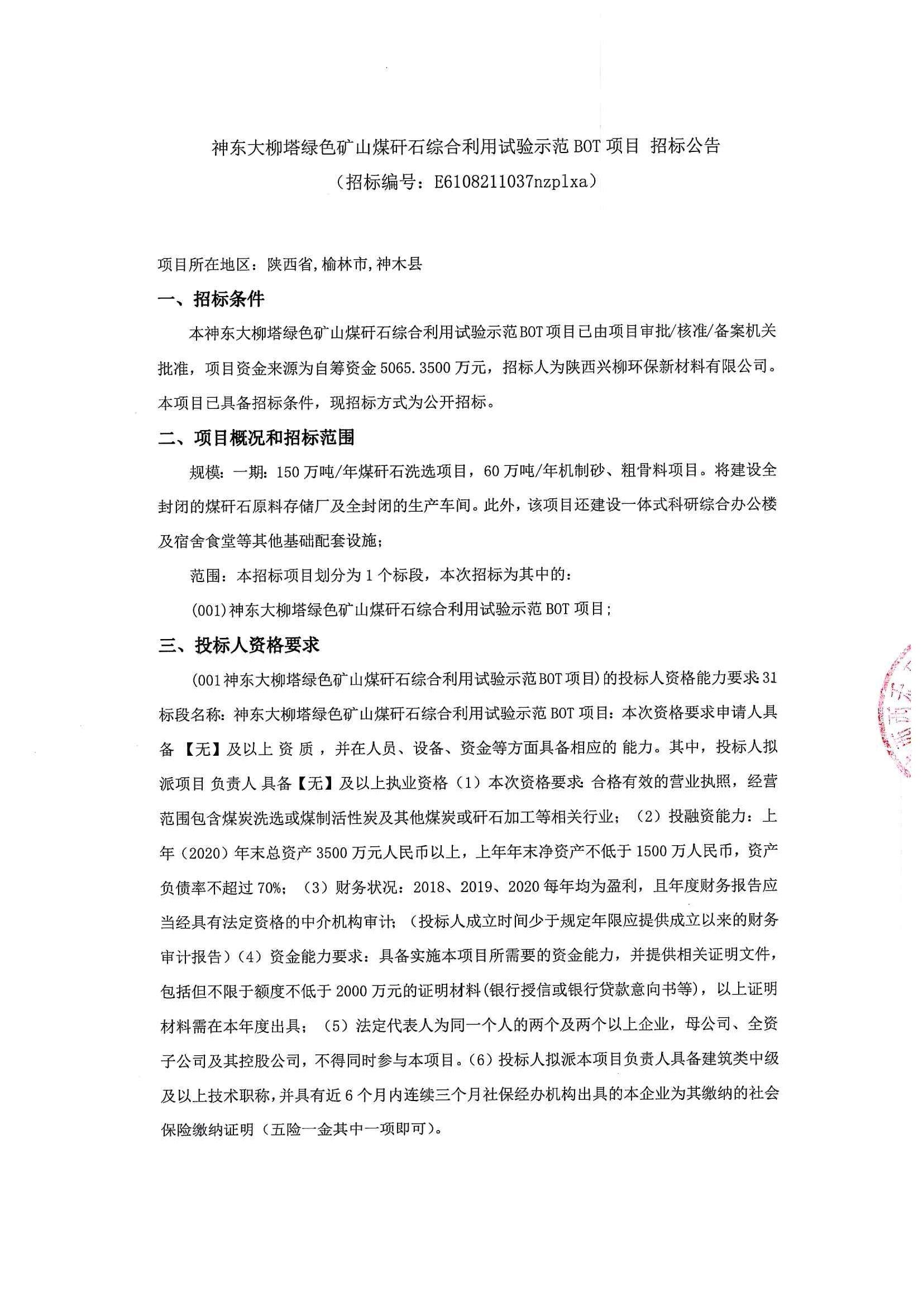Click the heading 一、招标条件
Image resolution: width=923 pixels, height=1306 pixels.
click(x=211, y=299)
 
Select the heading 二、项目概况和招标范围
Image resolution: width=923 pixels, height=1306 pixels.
click(x=256, y=437)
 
